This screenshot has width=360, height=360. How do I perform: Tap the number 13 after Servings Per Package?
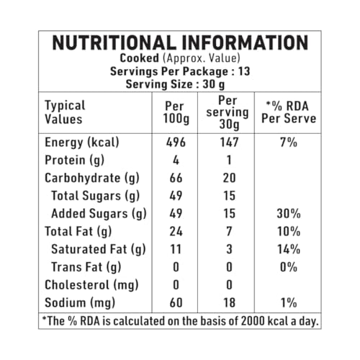(244, 71)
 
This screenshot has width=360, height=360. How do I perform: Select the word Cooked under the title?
(139, 58)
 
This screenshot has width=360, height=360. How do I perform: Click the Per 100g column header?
(176, 113)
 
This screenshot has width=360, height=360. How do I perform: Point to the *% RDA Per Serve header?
(289, 112)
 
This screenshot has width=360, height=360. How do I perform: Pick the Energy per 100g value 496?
(176, 142)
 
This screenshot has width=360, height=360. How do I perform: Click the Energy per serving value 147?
(229, 142)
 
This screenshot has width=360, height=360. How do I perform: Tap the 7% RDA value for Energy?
(289, 142)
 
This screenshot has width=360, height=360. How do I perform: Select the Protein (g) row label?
(74, 161)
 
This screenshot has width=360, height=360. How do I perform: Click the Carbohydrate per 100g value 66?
(176, 178)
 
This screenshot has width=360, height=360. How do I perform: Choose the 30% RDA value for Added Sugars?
(289, 213)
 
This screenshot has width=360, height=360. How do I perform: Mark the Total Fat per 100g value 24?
(176, 231)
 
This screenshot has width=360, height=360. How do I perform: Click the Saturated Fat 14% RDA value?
(289, 249)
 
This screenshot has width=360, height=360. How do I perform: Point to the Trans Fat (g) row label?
(86, 267)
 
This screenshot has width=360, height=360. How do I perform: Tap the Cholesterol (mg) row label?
(91, 285)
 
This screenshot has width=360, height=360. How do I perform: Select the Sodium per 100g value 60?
(176, 302)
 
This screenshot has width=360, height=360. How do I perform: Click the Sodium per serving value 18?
(229, 302)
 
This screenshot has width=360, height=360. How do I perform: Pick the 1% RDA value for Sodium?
(289, 302)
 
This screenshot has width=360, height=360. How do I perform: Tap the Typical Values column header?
(65, 112)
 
